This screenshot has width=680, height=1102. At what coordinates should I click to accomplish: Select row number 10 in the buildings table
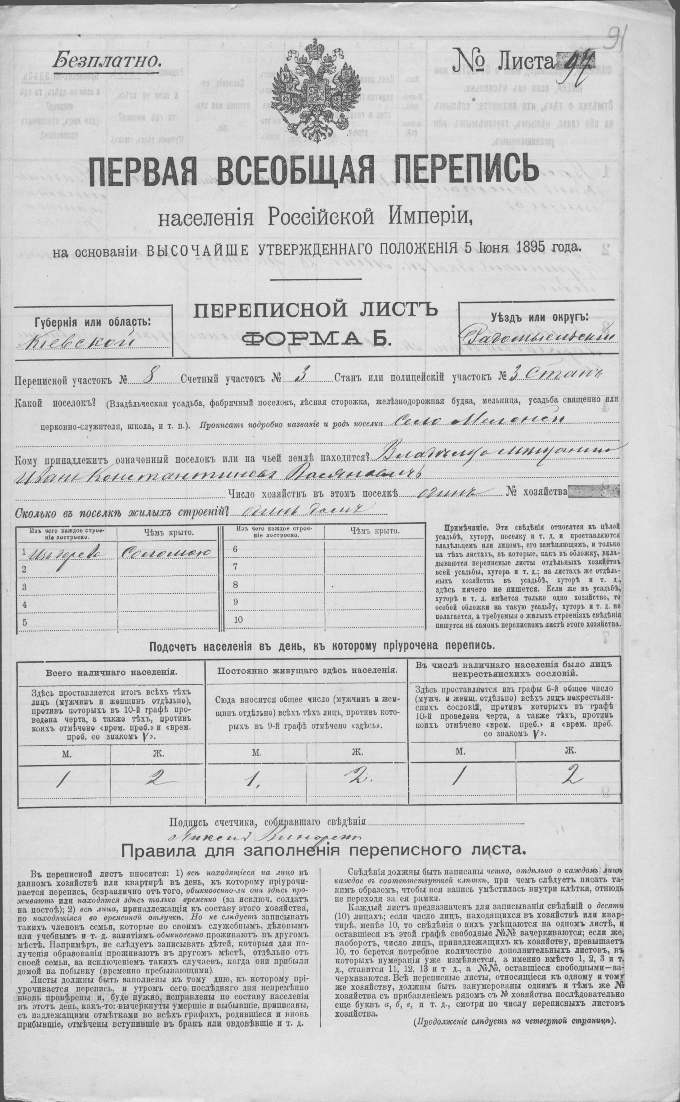click(x=238, y=619)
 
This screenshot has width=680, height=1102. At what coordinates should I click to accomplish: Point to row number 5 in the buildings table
click(x=25, y=623)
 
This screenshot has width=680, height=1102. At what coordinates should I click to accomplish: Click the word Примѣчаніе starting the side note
click(x=467, y=527)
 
